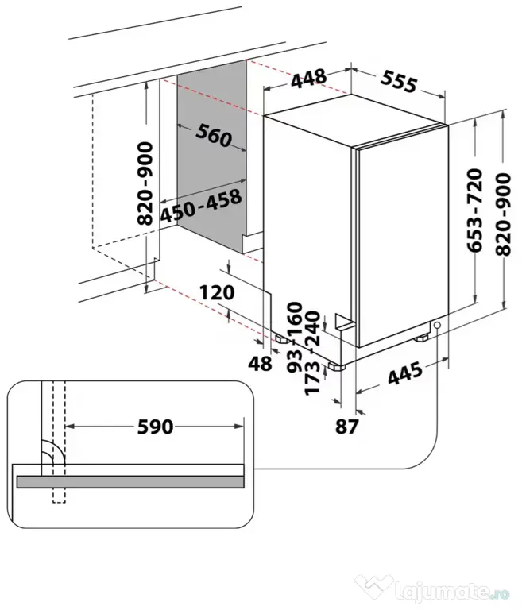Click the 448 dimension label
point(309,79)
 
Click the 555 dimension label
point(399,82)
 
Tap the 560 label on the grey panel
point(214,135)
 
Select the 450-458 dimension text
point(201,206)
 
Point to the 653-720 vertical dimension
point(475,210)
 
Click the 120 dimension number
point(217,292)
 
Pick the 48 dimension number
point(260,363)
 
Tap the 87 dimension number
point(346,427)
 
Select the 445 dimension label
point(405,373)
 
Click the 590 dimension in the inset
point(155,427)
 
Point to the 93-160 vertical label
point(295,337)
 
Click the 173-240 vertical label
point(312,353)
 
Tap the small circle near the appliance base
point(437,325)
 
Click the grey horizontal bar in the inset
point(130,481)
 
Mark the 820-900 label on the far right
point(503,214)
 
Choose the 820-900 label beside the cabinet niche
point(145,183)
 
